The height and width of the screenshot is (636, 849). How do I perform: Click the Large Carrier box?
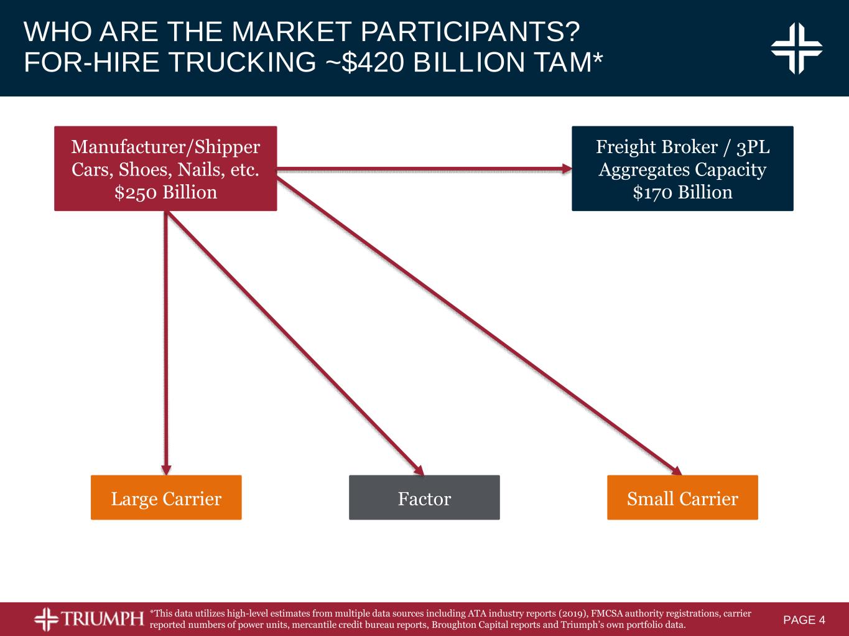click(x=166, y=497)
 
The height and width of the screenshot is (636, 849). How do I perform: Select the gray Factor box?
click(x=424, y=497)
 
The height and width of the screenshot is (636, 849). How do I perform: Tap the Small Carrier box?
click(x=682, y=497)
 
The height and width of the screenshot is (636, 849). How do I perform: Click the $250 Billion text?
click(x=166, y=192)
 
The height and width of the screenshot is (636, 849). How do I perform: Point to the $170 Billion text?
click(x=683, y=192)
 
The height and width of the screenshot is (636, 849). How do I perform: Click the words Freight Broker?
click(x=657, y=147)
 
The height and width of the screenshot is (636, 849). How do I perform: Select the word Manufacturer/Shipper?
click(x=165, y=147)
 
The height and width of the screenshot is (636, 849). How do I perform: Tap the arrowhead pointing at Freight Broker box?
click(x=567, y=168)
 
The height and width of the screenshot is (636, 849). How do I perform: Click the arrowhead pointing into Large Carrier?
click(x=166, y=470)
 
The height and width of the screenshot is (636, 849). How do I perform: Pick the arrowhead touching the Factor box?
click(x=419, y=470)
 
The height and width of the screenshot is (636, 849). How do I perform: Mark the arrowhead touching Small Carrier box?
click(x=677, y=470)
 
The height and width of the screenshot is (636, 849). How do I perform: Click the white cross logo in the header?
click(x=796, y=48)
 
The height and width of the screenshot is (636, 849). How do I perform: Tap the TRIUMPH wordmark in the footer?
click(x=102, y=619)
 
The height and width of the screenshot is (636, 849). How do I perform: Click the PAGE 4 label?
click(x=804, y=620)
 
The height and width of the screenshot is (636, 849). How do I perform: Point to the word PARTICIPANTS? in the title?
click(x=470, y=31)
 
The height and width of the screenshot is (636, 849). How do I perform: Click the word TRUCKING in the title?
click(x=242, y=62)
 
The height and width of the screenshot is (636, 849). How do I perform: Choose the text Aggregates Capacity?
click(x=682, y=170)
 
